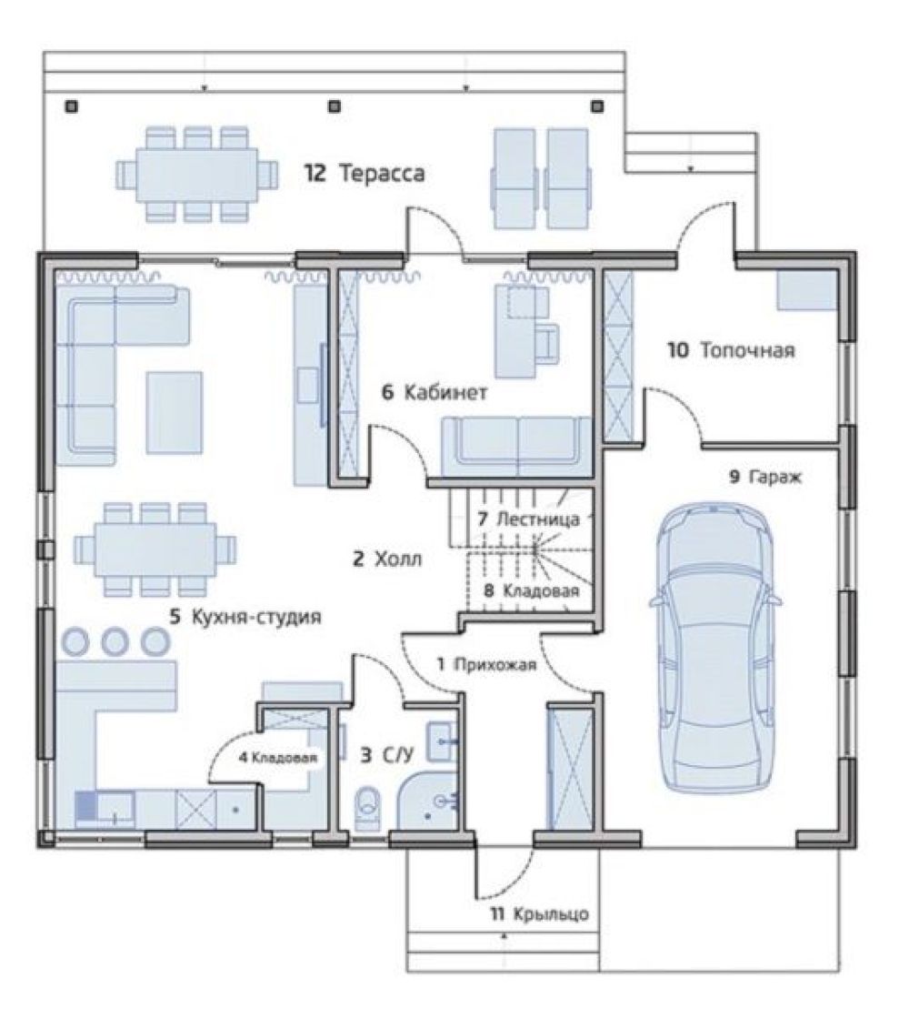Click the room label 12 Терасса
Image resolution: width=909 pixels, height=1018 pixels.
pyautogui.click(x=365, y=174)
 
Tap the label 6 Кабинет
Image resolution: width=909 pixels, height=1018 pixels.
pyautogui.click(x=435, y=392)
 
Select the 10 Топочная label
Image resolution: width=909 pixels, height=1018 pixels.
pyautogui.click(x=731, y=350)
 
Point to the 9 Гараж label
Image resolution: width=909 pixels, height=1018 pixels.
pyautogui.click(x=765, y=478)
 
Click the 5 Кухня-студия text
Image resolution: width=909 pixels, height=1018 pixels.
pyautogui.click(x=245, y=616)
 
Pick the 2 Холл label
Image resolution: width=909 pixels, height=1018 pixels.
pyautogui.click(x=386, y=559)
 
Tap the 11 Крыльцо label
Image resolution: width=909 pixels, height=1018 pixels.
pyautogui.click(x=539, y=914)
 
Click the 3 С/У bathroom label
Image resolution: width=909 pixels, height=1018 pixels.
pyautogui.click(x=386, y=755)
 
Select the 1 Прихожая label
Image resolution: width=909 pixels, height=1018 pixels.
pyautogui.click(x=486, y=664)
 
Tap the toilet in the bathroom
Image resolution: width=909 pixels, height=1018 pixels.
pyautogui.click(x=368, y=808)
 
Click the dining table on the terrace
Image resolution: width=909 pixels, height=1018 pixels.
pyautogui.click(x=196, y=175)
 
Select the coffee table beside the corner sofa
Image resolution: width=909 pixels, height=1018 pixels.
pyautogui.click(x=174, y=412)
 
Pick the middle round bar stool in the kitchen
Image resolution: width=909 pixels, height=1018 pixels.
pyautogui.click(x=115, y=641)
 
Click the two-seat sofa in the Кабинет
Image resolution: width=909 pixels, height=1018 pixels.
pyautogui.click(x=517, y=447)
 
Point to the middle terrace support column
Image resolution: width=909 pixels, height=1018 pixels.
pyautogui.click(x=334, y=106)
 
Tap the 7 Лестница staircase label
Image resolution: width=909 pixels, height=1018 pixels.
pyautogui.click(x=528, y=519)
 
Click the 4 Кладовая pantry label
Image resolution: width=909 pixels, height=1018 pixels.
pyautogui.click(x=277, y=757)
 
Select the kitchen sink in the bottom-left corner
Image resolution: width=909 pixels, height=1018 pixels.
pyautogui.click(x=105, y=810)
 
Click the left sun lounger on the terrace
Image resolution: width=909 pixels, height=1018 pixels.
pyautogui.click(x=515, y=178)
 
